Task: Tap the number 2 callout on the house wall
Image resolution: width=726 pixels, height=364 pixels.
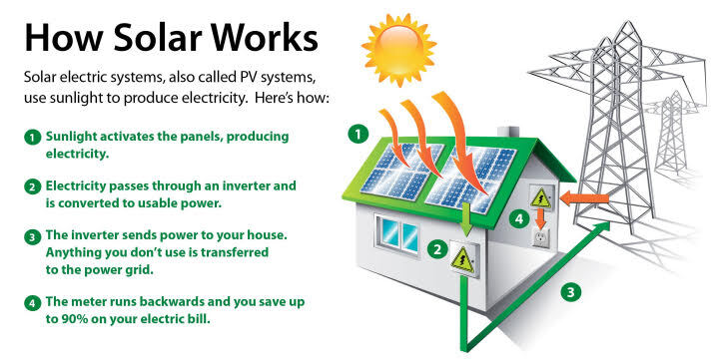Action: [435, 250]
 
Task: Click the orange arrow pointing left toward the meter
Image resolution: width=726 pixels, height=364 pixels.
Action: [579, 199]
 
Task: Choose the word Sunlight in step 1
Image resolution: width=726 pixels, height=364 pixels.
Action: [76, 136]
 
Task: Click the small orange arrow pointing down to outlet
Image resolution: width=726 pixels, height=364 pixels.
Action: [540, 218]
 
